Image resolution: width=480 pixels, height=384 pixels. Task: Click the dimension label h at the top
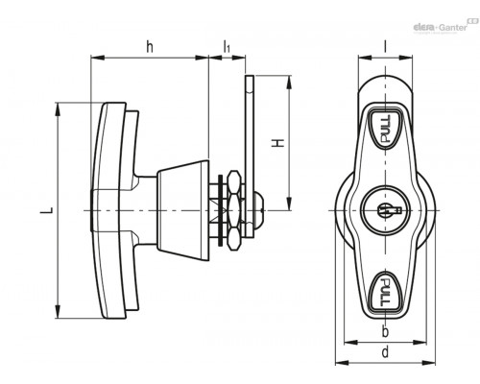(x=150, y=47)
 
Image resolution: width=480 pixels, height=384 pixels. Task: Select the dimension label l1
(x=227, y=47)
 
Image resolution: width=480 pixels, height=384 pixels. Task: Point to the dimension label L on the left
(x=47, y=210)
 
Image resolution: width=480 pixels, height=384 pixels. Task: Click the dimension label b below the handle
(x=385, y=331)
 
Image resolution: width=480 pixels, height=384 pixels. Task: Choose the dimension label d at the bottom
(x=385, y=351)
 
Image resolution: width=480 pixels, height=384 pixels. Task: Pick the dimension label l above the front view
(x=385, y=47)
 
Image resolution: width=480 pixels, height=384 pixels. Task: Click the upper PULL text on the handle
(x=385, y=129)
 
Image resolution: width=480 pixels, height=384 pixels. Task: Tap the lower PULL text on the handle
(x=385, y=292)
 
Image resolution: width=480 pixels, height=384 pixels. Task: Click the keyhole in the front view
(x=390, y=210)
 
